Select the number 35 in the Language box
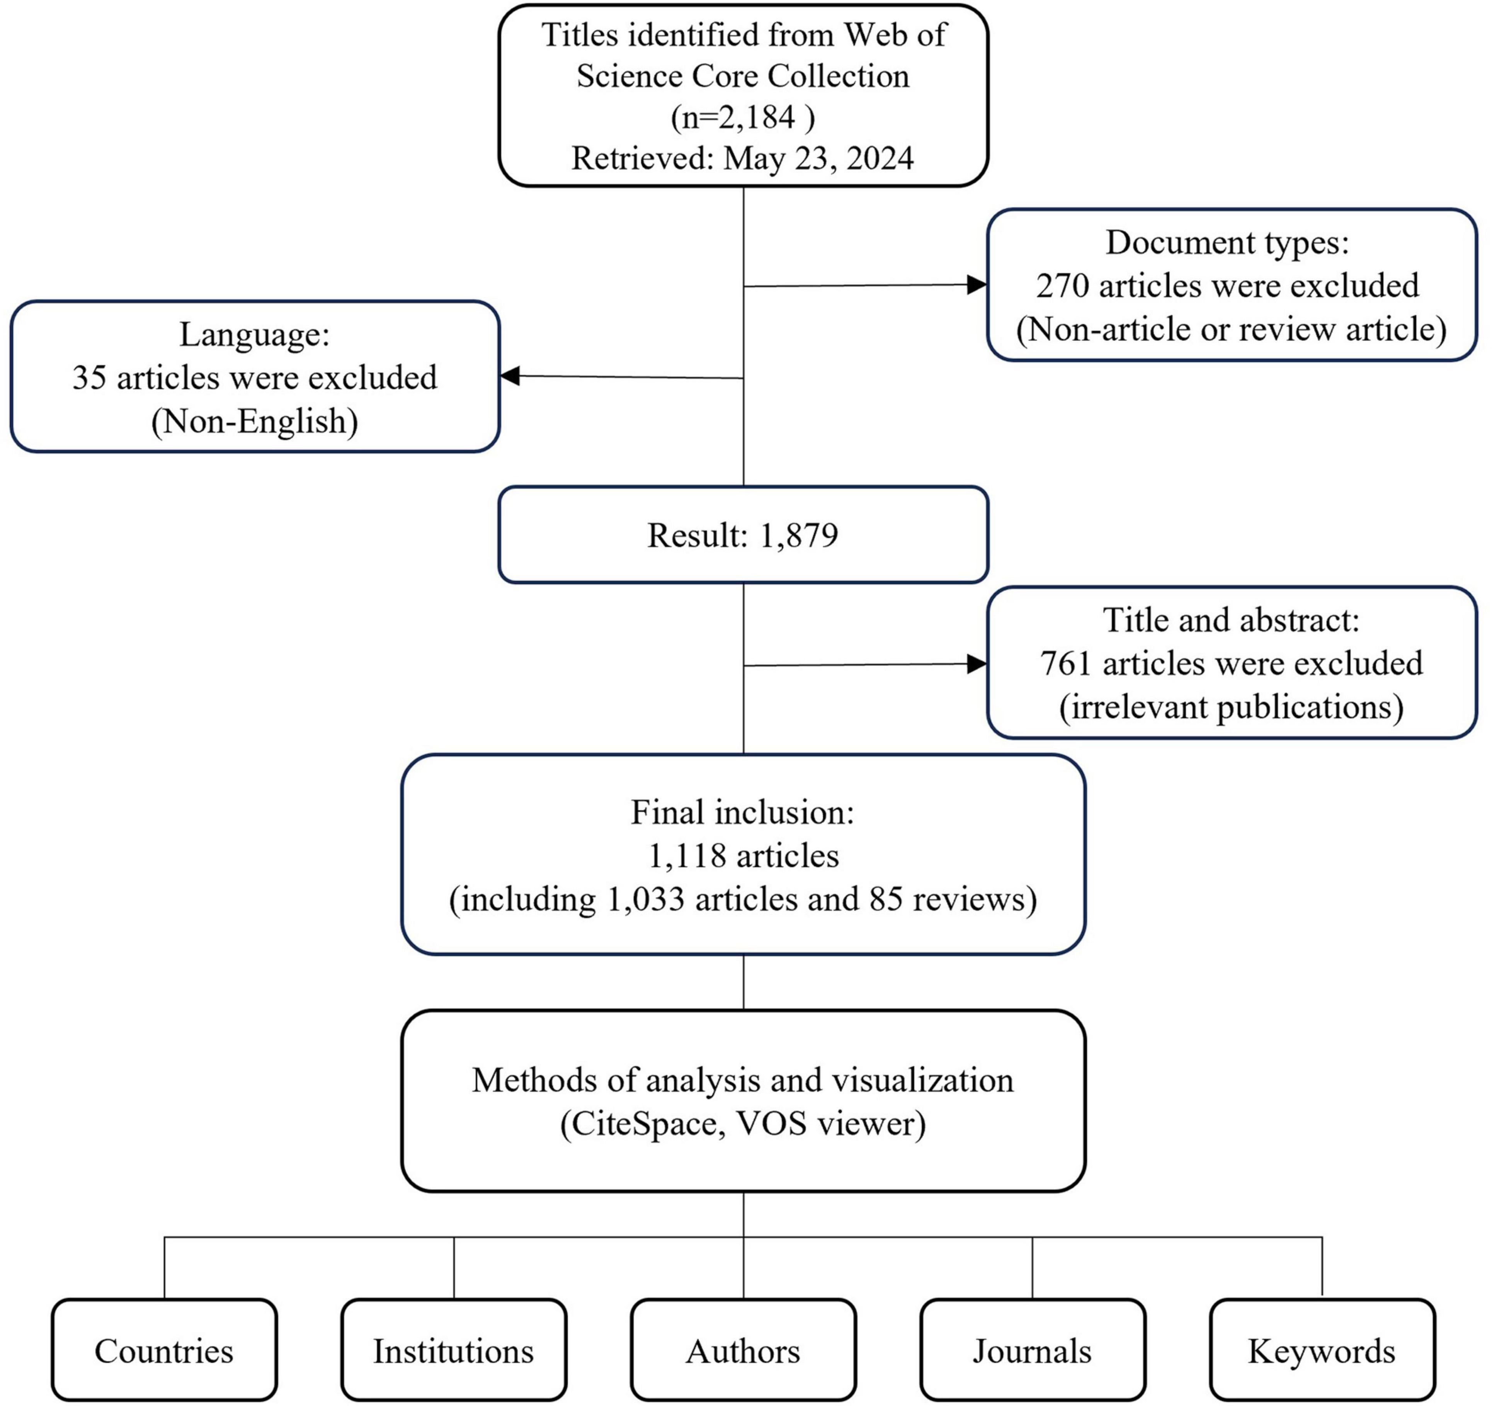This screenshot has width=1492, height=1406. (x=89, y=377)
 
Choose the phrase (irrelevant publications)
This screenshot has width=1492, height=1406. (x=1232, y=707)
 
